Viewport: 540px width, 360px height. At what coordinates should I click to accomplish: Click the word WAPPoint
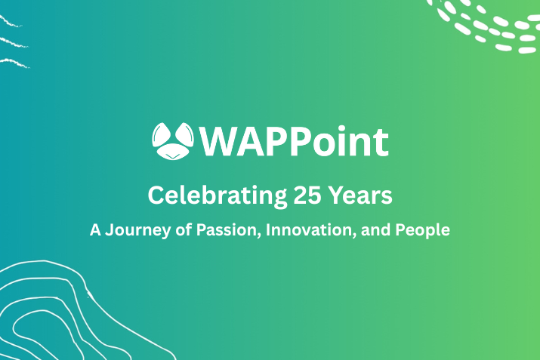(x=295, y=141)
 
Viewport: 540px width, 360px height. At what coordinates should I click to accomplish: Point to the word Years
(x=359, y=195)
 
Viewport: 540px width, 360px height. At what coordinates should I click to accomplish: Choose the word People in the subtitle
(x=425, y=230)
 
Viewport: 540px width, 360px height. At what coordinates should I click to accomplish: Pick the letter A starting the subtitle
(x=95, y=230)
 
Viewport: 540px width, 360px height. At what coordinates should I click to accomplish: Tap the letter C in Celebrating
(x=156, y=195)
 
